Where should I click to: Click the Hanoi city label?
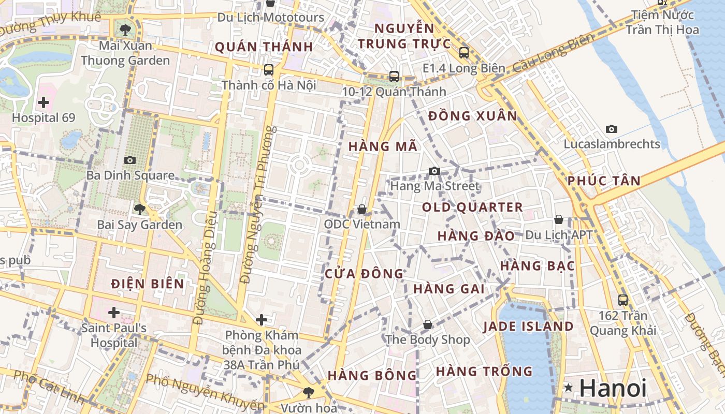click(613, 388)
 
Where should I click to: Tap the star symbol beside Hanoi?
click(569, 388)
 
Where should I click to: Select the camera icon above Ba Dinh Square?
click(129, 160)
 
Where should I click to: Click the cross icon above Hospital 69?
click(44, 102)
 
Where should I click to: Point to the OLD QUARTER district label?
click(472, 208)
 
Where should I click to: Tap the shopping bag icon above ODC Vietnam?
click(362, 209)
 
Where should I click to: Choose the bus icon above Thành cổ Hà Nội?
click(268, 69)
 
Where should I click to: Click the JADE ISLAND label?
click(528, 327)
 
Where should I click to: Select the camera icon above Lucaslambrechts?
click(612, 129)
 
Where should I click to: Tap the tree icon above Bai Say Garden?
click(139, 210)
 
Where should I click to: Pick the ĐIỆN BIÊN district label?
click(148, 284)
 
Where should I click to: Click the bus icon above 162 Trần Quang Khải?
click(623, 300)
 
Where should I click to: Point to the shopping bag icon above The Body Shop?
click(428, 324)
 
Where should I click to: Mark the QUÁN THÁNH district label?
click(264, 47)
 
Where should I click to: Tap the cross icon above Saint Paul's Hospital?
click(114, 313)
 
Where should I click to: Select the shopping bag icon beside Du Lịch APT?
click(558, 219)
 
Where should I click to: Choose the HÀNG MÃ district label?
click(383, 146)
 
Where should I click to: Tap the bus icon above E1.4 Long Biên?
click(463, 52)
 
